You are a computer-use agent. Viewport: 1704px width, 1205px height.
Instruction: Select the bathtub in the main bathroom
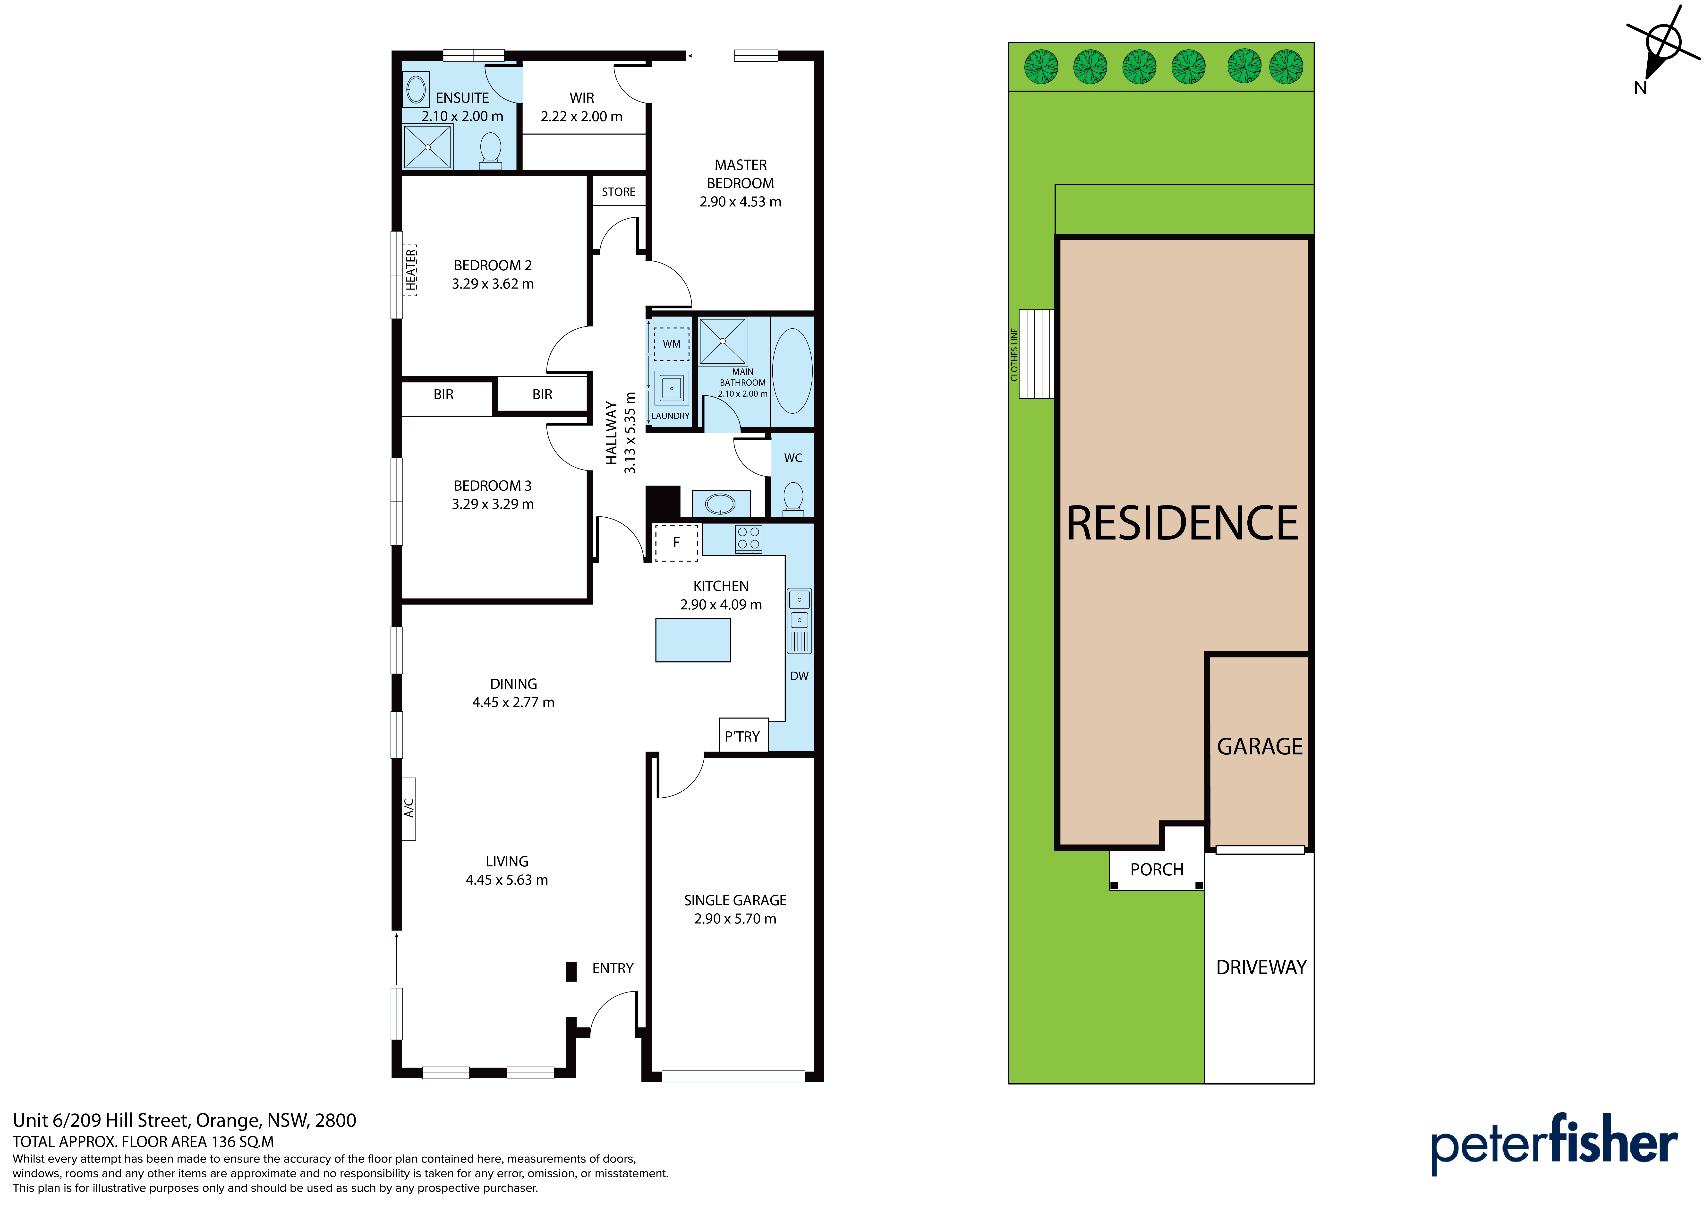[x=792, y=370]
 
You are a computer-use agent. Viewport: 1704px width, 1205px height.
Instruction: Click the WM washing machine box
[x=672, y=344]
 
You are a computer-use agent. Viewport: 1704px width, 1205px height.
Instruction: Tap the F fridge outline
[x=676, y=543]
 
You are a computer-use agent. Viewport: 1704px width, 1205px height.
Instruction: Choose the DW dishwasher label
[x=799, y=676]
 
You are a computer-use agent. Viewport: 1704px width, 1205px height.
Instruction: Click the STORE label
[x=618, y=192]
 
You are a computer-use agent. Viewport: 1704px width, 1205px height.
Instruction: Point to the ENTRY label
[x=613, y=968]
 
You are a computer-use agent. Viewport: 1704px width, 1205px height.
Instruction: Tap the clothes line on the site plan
[x=1036, y=353]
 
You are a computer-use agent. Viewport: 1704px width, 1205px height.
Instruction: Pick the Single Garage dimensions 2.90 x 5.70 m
[x=735, y=918]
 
